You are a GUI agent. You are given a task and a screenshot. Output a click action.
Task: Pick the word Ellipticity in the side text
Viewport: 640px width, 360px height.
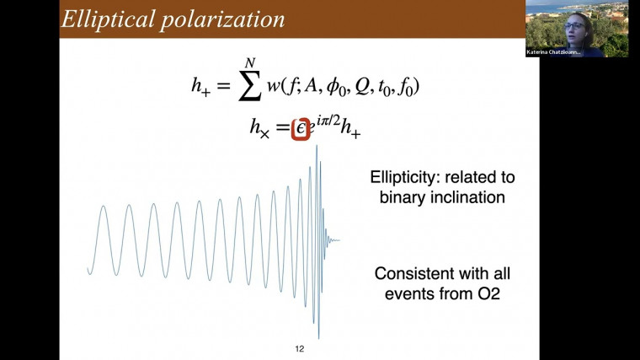pos(405,178)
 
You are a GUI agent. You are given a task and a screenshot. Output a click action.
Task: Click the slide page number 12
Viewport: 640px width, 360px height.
pos(299,349)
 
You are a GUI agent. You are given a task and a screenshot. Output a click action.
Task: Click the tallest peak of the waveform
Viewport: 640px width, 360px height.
pos(317,148)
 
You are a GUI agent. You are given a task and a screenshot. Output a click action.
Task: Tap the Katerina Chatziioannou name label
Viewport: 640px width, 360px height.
pos(576,52)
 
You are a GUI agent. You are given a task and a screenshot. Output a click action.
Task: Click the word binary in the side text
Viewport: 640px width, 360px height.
pos(396,198)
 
